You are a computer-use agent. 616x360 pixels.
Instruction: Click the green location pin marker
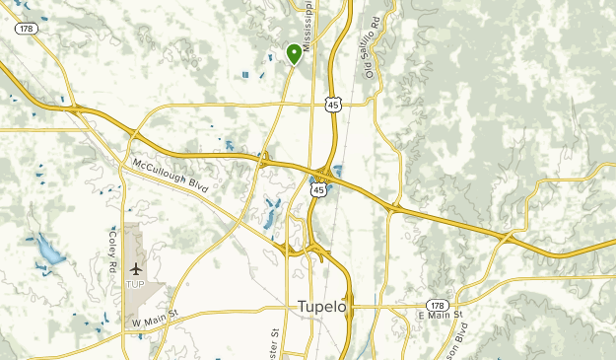tap(294, 53)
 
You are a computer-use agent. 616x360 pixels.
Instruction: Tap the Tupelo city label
tap(321, 307)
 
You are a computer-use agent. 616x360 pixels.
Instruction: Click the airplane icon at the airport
tap(135, 268)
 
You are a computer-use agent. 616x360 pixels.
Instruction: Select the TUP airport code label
tap(135, 284)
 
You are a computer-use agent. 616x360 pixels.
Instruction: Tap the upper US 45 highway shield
tap(336, 103)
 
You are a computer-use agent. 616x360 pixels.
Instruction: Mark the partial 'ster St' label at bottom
tap(274, 340)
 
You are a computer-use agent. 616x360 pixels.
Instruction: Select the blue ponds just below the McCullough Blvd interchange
tap(270, 210)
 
